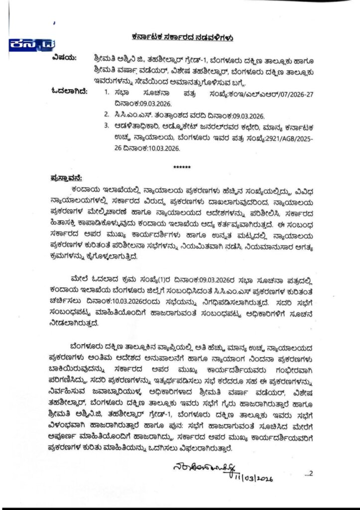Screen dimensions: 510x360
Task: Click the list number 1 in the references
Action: click(107, 92)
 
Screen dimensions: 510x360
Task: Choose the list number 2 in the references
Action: click(107, 114)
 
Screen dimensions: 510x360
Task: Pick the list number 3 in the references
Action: click(107, 126)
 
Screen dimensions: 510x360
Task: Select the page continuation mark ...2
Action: click(307, 473)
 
